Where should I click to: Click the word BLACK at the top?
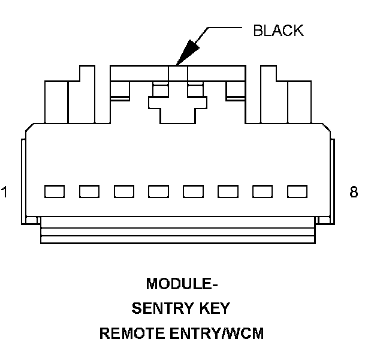pyautogui.click(x=278, y=31)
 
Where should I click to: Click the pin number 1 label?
pyautogui.click(x=5, y=193)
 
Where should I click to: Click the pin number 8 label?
pyautogui.click(x=354, y=193)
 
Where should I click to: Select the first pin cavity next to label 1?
pyautogui.click(x=55, y=191)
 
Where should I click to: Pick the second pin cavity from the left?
pyautogui.click(x=89, y=191)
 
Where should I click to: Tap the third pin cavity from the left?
pyautogui.click(x=124, y=191)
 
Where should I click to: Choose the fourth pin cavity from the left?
pyautogui.click(x=159, y=191)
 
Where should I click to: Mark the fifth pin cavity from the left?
pyautogui.click(x=194, y=191)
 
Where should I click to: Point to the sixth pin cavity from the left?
pyautogui.click(x=228, y=191)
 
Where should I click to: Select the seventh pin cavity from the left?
pyautogui.click(x=263, y=191)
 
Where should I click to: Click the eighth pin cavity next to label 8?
pyautogui.click(x=297, y=191)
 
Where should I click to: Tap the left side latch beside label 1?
pyautogui.click(x=24, y=180)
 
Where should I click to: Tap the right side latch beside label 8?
pyautogui.click(x=333, y=180)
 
